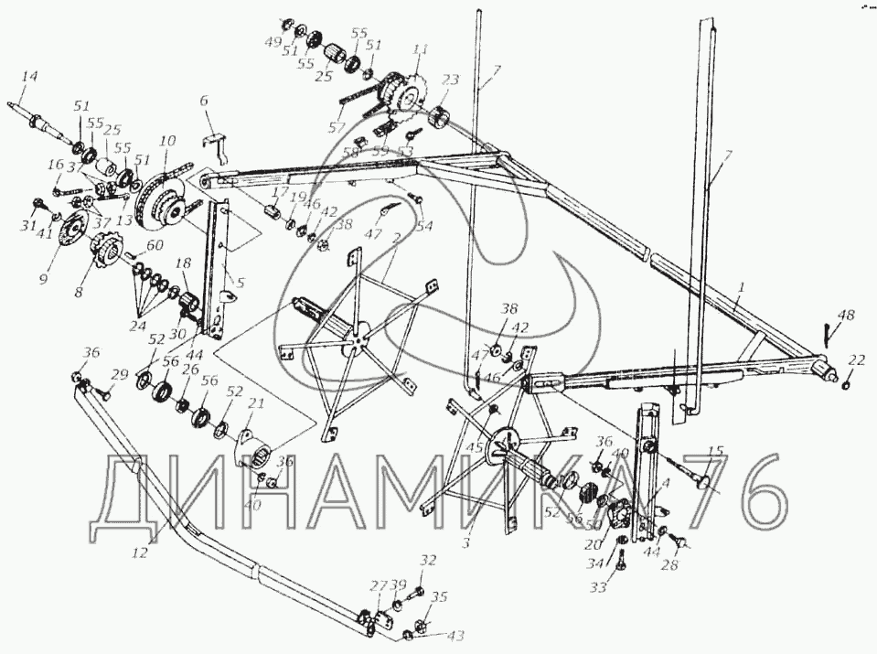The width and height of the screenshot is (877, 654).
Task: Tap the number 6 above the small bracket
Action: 205,102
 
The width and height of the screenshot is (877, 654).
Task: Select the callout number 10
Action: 166,143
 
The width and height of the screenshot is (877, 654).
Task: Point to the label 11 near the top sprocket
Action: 420,50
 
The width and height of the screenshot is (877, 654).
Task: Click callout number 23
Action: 450,80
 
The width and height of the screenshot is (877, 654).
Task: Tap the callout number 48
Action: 847,316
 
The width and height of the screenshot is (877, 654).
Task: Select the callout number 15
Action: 715,450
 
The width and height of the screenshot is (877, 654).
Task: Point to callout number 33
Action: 598,587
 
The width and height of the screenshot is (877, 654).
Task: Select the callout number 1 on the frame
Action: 742,287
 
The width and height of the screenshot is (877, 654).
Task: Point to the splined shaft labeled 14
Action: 46,122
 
